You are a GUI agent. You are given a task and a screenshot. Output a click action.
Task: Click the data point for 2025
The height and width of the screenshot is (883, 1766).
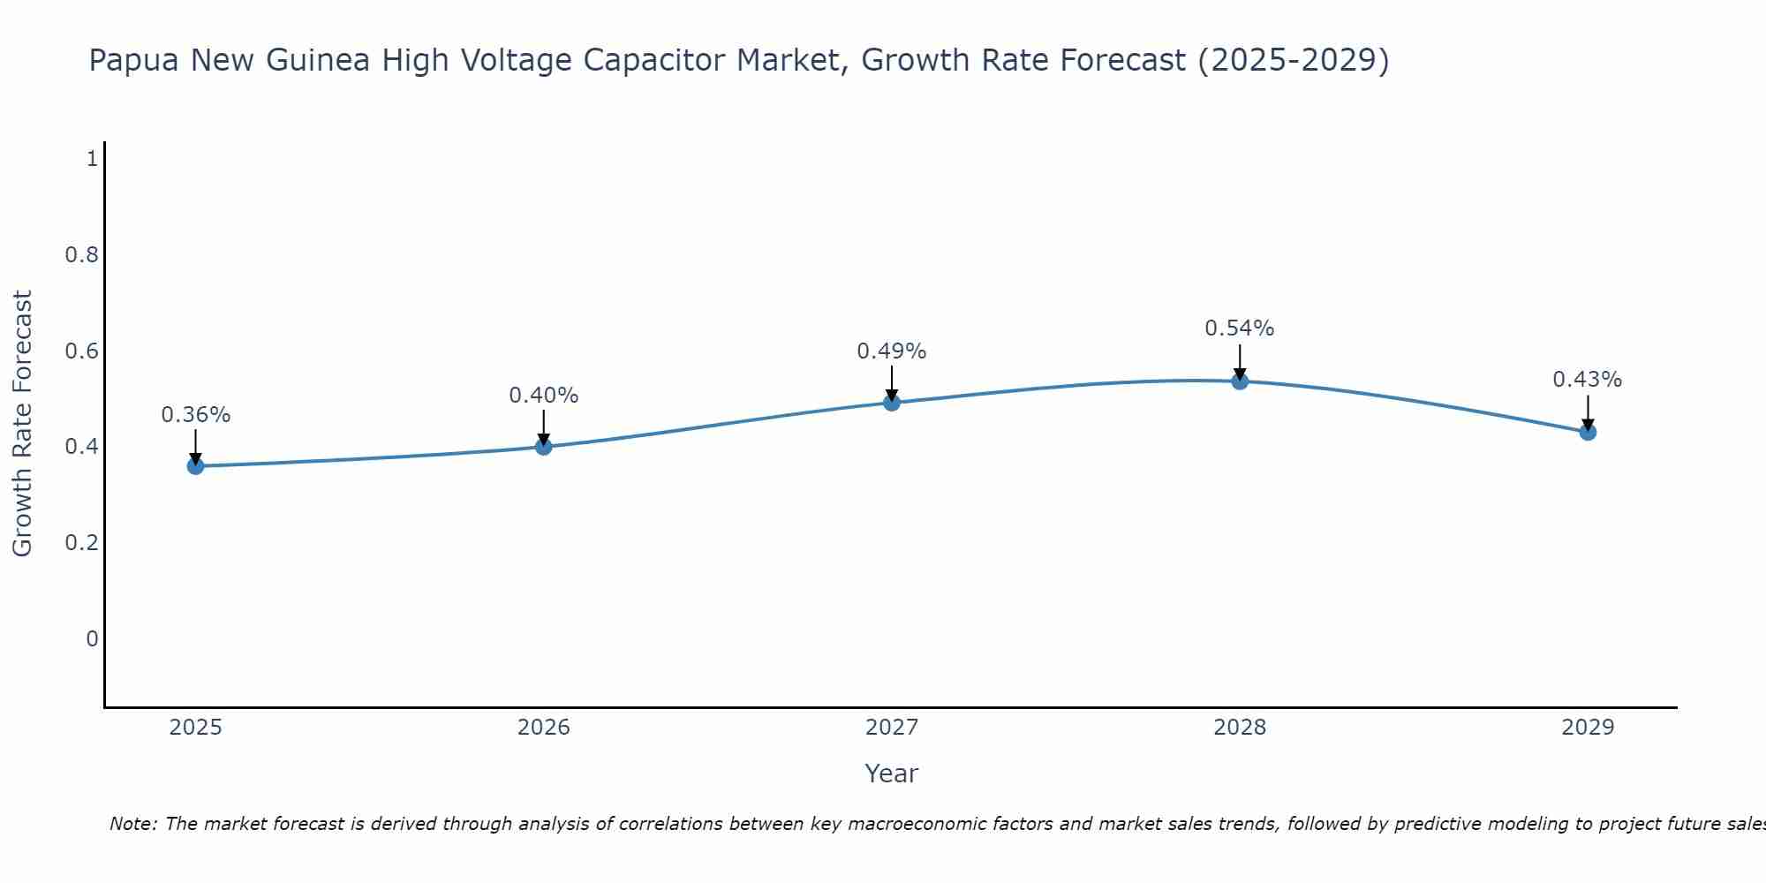pos(195,466)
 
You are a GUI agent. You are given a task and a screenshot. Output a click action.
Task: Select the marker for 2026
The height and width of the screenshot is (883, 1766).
pos(543,447)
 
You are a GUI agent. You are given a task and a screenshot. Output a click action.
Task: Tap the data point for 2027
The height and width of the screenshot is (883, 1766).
pos(892,403)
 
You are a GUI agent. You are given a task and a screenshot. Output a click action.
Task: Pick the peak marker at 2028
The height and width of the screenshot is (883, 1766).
pos(1240,381)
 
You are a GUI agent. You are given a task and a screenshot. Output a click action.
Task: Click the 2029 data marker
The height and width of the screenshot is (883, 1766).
pos(1588,432)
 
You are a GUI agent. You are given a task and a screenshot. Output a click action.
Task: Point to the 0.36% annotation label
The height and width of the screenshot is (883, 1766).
pos(195,415)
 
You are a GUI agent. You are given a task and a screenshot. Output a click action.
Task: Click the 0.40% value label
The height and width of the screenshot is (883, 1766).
pos(543,396)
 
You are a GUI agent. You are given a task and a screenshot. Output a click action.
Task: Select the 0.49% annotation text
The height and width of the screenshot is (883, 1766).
pos(892,351)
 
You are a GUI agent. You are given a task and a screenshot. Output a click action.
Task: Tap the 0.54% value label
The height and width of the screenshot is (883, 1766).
pos(1240,328)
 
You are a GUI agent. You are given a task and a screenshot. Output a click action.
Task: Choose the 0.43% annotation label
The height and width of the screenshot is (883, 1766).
pos(1588,380)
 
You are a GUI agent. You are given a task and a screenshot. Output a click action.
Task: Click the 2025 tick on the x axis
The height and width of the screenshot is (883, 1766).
pos(195,728)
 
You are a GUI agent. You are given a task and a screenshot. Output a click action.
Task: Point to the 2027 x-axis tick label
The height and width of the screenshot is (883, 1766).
pos(892,728)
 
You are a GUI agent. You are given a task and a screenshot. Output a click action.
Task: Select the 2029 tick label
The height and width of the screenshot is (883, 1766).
pos(1588,728)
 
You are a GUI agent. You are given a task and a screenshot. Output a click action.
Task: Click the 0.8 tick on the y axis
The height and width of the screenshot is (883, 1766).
pos(82,255)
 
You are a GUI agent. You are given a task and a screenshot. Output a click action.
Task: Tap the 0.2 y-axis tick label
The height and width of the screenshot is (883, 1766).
pos(82,542)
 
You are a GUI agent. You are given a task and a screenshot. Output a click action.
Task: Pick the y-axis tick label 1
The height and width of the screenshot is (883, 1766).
pos(92,159)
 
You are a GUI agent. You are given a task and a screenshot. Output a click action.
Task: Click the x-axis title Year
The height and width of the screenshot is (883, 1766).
pos(892,774)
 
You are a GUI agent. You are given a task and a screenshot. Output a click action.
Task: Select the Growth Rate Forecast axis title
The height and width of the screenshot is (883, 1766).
pos(23,423)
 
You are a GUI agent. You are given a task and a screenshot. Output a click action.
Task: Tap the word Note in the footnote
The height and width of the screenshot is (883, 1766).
pos(132,824)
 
